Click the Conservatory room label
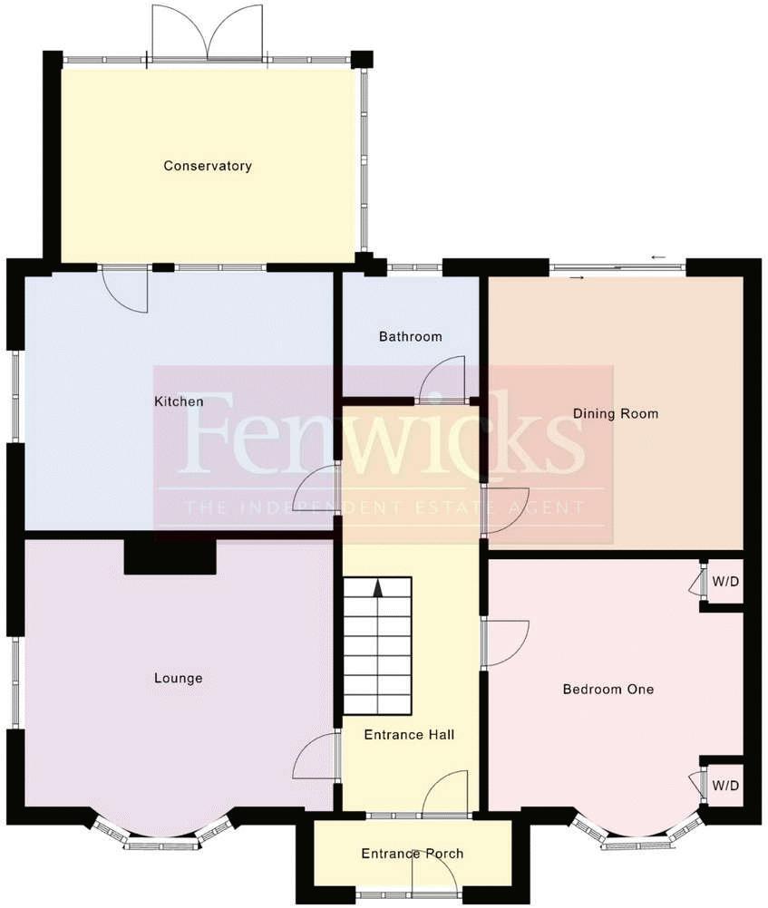[x=207, y=166]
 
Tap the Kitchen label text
[x=178, y=401]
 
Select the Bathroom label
[x=410, y=336]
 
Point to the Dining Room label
[x=615, y=414]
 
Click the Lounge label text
[x=178, y=678]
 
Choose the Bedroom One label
[x=608, y=689]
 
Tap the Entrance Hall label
[x=408, y=734]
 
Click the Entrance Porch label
[x=412, y=854]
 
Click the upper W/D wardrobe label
[x=725, y=582]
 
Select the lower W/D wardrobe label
[x=725, y=785]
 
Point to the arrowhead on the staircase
[x=377, y=588]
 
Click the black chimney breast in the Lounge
[x=170, y=555]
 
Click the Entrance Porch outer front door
[x=433, y=877]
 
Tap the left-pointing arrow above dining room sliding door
[x=658, y=256]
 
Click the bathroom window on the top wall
[x=414, y=267]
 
